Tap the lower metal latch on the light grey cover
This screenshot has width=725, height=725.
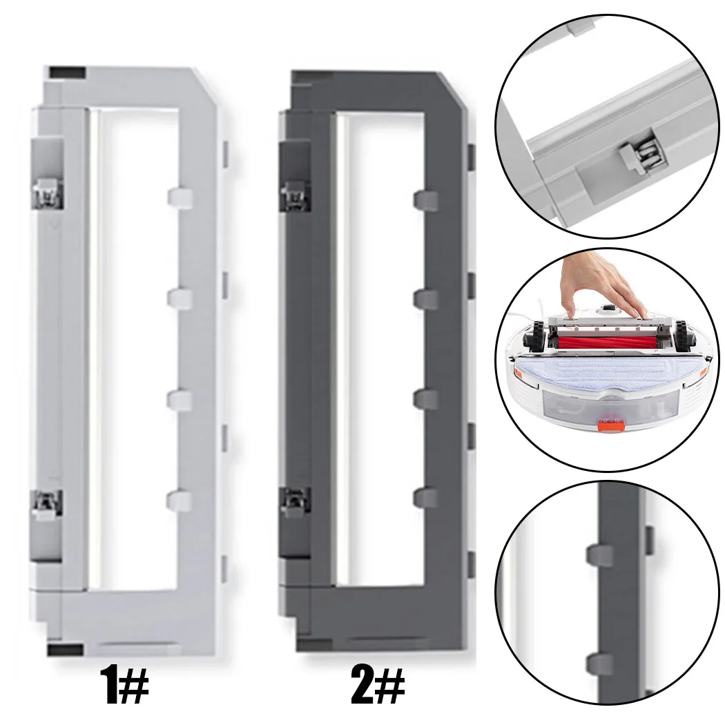point(47,505)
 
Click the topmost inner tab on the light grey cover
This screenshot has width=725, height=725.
point(180,197)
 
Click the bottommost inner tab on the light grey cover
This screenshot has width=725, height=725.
point(179,500)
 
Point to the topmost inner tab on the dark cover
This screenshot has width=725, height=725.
point(426,200)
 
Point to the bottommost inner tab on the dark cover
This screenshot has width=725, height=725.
point(425,497)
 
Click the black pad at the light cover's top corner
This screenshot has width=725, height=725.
point(68,72)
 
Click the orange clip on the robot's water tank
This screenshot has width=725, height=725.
point(610,422)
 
